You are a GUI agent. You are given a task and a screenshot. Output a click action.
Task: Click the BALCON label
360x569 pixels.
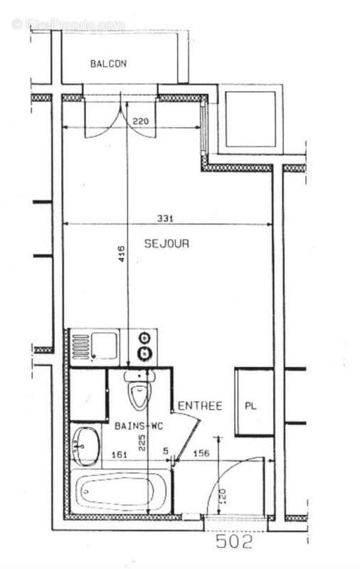click(108, 64)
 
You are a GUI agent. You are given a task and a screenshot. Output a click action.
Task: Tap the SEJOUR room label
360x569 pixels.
click(166, 243)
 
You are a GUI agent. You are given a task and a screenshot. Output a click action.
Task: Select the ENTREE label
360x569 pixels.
click(200, 406)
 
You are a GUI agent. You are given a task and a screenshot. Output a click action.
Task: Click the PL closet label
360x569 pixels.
click(250, 407)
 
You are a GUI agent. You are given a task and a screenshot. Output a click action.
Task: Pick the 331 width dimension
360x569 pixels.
click(166, 218)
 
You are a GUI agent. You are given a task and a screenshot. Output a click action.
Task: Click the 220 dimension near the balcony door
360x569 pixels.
click(142, 122)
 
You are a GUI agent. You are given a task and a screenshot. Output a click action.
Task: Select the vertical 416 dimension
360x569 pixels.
click(121, 255)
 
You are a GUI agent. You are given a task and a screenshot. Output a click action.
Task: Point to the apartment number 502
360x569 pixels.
click(234, 543)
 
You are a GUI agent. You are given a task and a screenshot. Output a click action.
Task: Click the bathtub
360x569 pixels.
click(122, 490)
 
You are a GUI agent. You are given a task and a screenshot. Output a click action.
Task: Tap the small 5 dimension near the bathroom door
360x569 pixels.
click(165, 451)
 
